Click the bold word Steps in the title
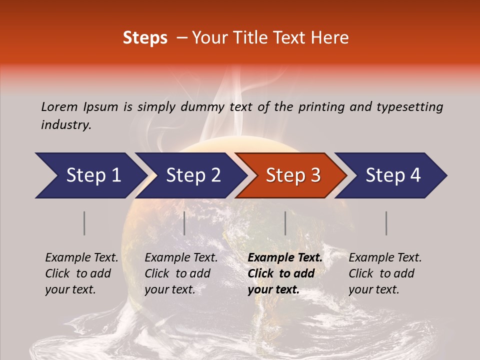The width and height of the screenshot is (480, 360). pyautogui.click(x=145, y=38)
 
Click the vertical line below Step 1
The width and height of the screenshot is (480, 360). pyautogui.click(x=84, y=223)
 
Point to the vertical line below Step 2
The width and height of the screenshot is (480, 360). pyautogui.click(x=184, y=223)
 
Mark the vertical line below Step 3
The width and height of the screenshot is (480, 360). pyautogui.click(x=285, y=223)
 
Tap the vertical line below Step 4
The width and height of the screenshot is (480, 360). pyautogui.click(x=386, y=223)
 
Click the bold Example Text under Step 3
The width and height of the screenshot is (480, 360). pyautogui.click(x=285, y=257)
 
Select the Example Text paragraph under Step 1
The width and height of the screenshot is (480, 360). pyautogui.click(x=81, y=273)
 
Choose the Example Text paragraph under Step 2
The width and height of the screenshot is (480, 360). pyautogui.click(x=181, y=273)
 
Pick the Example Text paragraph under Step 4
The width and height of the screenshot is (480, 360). pyautogui.click(x=385, y=273)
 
